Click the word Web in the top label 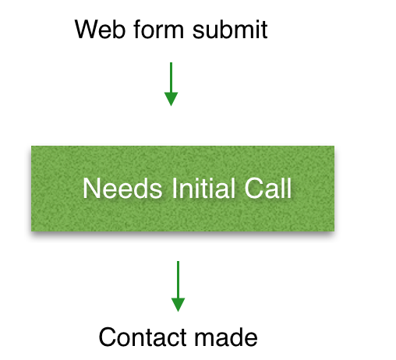(100, 30)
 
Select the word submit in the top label (230, 29)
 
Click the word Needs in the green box (122, 188)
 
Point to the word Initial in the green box (203, 188)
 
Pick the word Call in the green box (268, 188)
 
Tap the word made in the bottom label (226, 337)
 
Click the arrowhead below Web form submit (171, 99)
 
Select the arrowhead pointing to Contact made (178, 305)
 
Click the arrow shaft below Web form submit (171, 77)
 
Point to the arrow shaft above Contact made (178, 280)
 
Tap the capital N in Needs (90, 189)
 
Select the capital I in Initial (174, 189)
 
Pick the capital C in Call (254, 189)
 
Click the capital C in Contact (108, 337)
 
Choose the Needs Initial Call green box (182, 189)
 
